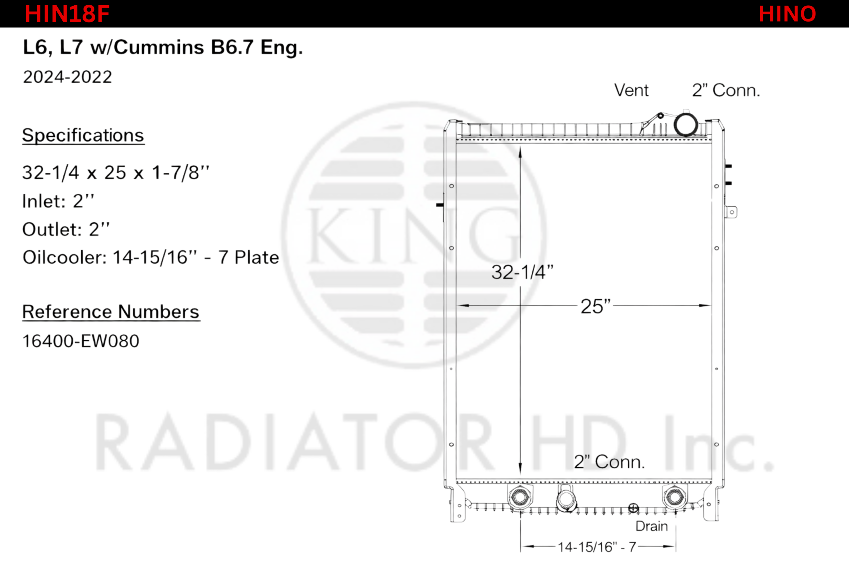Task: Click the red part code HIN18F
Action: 67,14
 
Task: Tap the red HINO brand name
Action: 787,14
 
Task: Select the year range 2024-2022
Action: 68,77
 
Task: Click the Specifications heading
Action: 83,136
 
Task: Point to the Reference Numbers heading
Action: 111,312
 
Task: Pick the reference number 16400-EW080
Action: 81,341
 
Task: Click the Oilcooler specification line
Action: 151,257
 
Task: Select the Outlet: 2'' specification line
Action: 66,229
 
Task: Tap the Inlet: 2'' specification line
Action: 58,201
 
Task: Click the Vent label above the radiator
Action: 631,90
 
